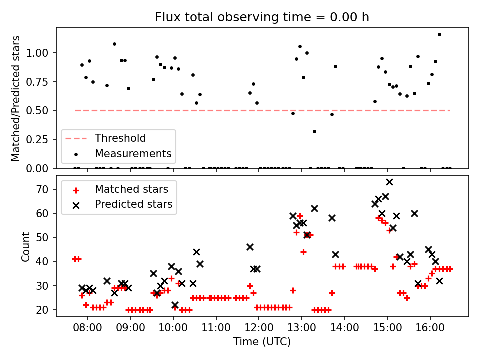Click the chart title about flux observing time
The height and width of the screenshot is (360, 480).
pyautogui.click(x=262, y=17)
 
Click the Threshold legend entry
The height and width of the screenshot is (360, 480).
pyautogui.click(x=120, y=138)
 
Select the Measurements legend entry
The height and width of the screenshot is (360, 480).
pyautogui.click(x=133, y=153)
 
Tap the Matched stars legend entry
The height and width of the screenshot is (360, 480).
pyautogui.click(x=131, y=189)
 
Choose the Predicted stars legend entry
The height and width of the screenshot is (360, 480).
pyautogui.click(x=133, y=204)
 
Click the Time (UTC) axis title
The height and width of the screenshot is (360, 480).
pyautogui.click(x=262, y=342)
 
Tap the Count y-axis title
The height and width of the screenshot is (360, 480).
pyautogui.click(x=25, y=246)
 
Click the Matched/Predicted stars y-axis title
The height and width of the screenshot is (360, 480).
pyautogui.click(x=16, y=98)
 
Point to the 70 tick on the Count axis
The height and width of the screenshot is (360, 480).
pyautogui.click(x=45, y=189)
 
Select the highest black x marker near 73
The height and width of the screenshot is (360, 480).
pyautogui.click(x=389, y=182)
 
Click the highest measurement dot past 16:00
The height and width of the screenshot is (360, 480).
pyautogui.click(x=439, y=35)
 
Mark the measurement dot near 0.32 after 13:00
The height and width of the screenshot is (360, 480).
pyautogui.click(x=314, y=131)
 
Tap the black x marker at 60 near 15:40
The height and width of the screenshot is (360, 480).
pyautogui.click(x=414, y=213)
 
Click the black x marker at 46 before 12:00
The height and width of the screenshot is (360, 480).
pyautogui.click(x=250, y=247)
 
